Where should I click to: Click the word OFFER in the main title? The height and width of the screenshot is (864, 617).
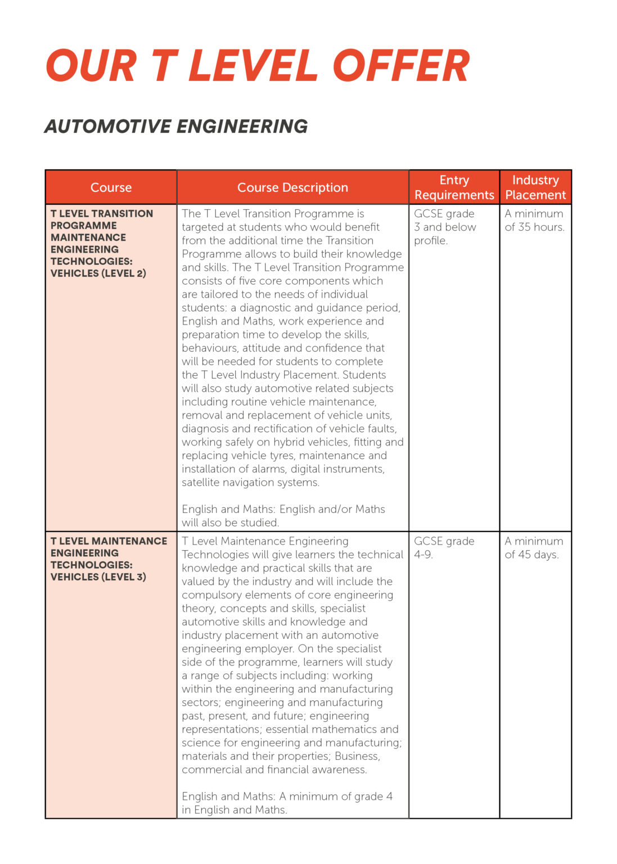pyautogui.click(x=400, y=66)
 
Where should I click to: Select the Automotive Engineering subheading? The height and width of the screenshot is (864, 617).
pyautogui.click(x=176, y=127)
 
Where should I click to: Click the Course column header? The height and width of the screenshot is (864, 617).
pyautogui.click(x=111, y=187)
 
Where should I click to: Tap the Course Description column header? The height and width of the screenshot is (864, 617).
pyautogui.click(x=292, y=187)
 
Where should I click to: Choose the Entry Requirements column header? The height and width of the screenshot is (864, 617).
pyautogui.click(x=454, y=187)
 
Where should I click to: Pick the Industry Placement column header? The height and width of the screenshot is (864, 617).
pyautogui.click(x=535, y=187)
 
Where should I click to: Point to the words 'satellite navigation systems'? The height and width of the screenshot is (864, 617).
pyautogui.click(x=250, y=483)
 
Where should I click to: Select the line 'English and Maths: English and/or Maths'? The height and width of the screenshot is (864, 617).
pyautogui.click(x=283, y=509)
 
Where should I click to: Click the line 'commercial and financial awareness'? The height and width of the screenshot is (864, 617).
pyautogui.click(x=274, y=769)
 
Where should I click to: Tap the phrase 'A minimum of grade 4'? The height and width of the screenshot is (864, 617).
pyautogui.click(x=336, y=796)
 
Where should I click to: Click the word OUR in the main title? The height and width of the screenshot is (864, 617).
pyautogui.click(x=91, y=66)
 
